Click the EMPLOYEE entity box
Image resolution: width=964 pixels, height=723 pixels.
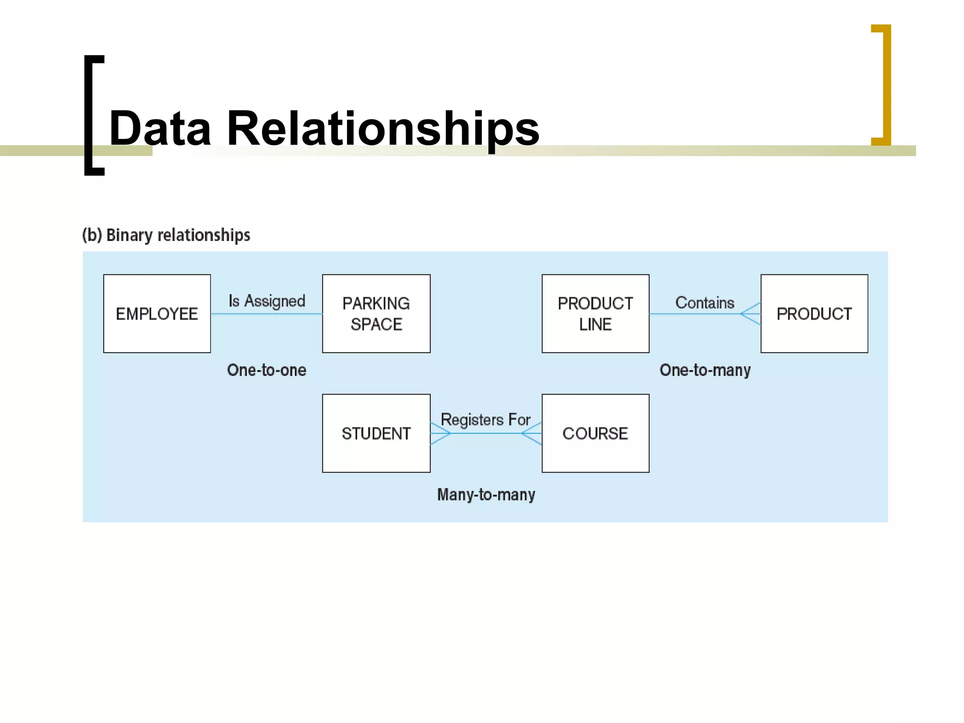157,313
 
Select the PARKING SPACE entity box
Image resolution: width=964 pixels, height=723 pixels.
376,313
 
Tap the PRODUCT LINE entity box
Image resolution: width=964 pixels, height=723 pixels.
595,313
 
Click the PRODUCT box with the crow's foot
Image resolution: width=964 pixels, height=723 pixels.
814,313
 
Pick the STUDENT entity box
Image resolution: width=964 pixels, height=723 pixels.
376,433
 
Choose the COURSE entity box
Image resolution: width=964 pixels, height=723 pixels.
595,433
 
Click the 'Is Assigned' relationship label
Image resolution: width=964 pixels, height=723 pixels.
267,301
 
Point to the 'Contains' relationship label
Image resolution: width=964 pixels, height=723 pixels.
705,303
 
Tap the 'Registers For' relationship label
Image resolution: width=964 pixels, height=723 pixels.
485,419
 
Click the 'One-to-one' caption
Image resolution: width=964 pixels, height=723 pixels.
266,370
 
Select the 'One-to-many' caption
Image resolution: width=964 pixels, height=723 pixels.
705,370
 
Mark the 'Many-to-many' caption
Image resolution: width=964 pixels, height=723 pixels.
486,495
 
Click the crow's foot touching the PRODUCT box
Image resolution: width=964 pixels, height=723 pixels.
751,313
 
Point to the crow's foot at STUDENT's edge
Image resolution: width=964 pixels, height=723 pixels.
440,433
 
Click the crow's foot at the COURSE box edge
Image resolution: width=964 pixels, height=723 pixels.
532,433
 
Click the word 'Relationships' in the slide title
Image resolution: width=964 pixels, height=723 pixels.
383,128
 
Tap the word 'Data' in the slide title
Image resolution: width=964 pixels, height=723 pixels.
160,128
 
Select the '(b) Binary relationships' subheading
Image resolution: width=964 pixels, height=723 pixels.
166,235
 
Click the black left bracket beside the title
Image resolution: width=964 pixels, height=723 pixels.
89,115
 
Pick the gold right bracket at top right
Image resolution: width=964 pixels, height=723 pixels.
885,85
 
